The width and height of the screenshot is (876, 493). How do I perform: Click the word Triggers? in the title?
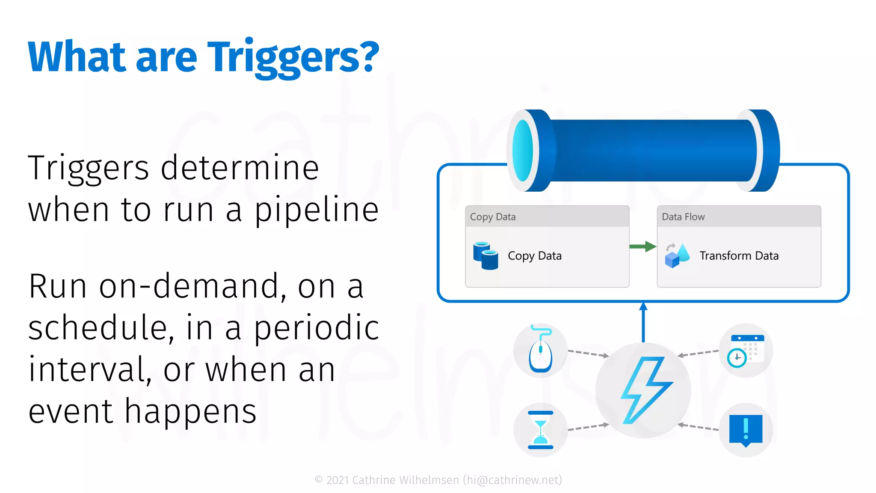293,58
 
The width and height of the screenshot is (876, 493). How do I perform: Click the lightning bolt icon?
645,390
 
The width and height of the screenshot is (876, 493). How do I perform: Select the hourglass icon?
541,430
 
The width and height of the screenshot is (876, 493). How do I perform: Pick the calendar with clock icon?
746,350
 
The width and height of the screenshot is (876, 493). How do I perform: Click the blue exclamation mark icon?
746,430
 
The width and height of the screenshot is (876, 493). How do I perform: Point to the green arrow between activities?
643,246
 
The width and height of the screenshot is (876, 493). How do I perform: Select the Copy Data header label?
493,217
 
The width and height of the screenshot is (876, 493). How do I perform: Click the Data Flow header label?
683,217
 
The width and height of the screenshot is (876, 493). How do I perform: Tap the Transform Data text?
739,256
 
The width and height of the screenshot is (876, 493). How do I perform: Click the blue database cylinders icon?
486,256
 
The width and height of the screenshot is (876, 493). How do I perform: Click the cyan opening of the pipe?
523,151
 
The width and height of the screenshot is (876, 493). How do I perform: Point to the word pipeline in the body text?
317,211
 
